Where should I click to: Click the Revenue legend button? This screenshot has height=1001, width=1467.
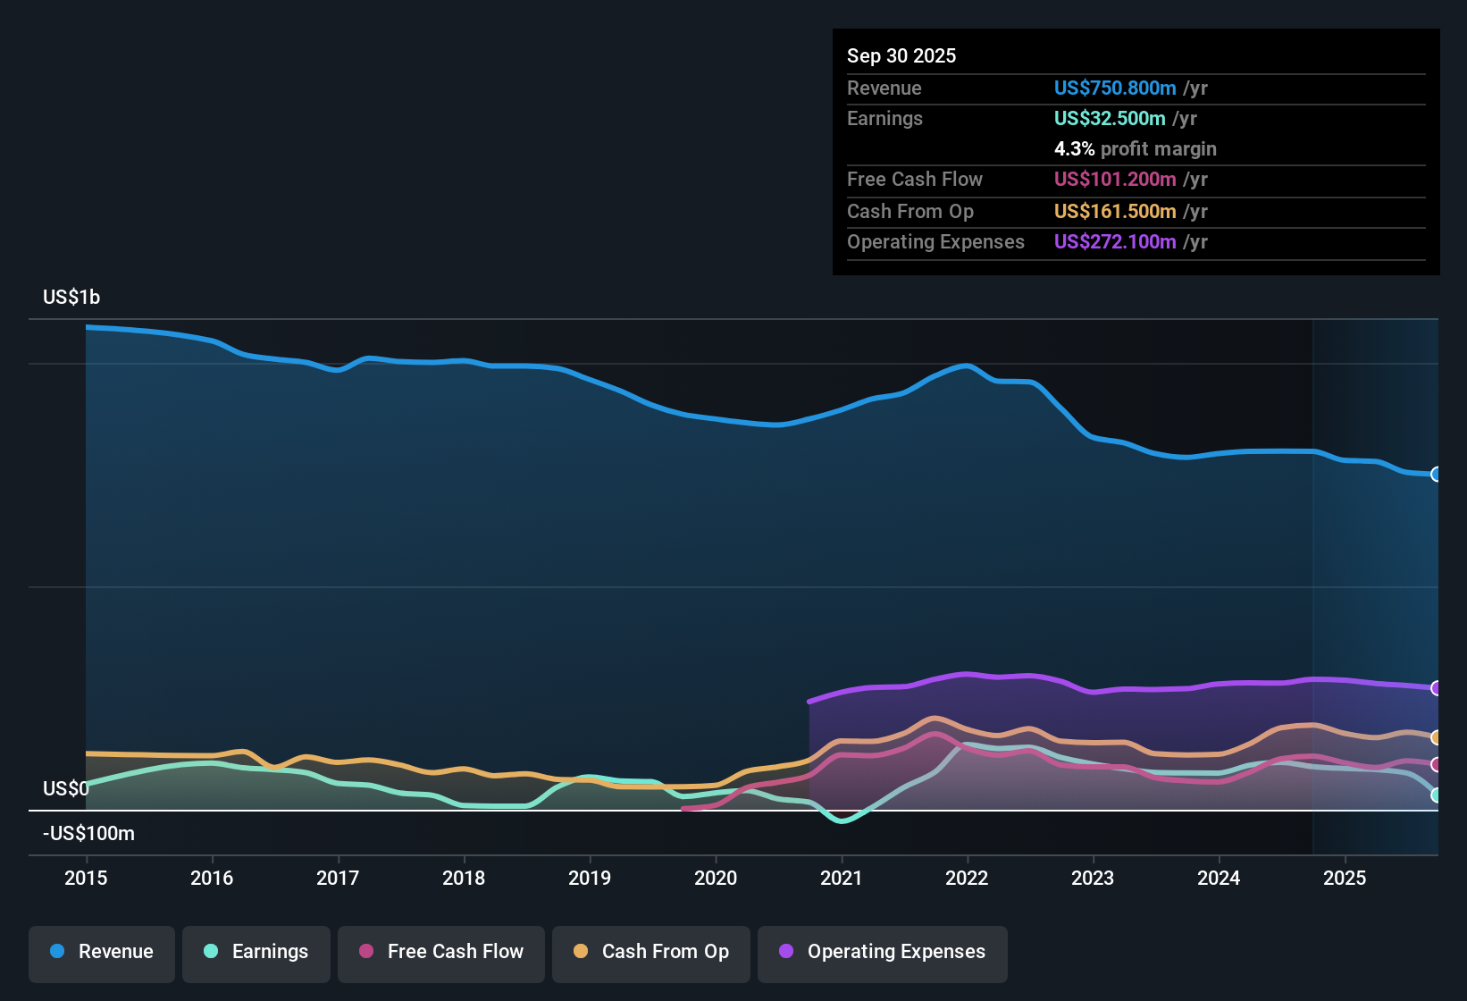pos(102,952)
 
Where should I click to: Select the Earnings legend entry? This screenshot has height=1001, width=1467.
pos(256,952)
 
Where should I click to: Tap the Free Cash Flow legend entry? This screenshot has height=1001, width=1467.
pos(441,952)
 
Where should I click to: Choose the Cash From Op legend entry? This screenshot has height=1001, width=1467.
pos(651,952)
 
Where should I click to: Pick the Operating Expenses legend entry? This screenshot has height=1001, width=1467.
pos(883,952)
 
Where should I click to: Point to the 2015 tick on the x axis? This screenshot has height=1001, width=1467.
pos(86,878)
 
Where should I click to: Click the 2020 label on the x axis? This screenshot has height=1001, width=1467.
pos(716,878)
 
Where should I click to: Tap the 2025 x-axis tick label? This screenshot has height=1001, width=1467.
pos(1345,878)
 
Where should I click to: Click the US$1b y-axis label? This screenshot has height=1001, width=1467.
pos(71,297)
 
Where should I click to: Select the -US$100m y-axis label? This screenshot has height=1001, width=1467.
pos(88,833)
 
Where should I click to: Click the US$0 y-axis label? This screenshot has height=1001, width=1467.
pos(66,788)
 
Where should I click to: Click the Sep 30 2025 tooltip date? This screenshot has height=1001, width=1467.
pos(901,55)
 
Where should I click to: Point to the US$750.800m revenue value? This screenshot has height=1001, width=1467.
pos(1114,88)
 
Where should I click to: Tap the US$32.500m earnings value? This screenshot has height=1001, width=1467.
pos(1109,118)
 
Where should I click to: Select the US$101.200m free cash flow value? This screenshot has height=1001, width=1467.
pos(1114,179)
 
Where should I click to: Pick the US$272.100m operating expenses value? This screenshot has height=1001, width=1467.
pos(1114,241)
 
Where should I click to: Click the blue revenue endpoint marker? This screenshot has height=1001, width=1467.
pos(1436,475)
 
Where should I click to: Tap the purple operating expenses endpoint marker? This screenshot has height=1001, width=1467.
pos(1436,688)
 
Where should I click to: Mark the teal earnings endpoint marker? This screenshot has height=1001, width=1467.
pos(1436,795)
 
